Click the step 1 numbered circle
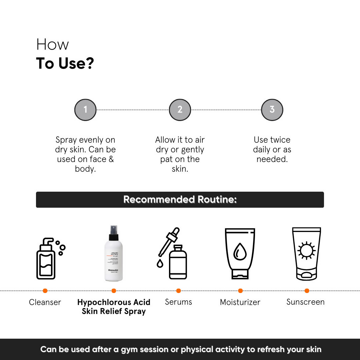85,110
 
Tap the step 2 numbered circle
180,110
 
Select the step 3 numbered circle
272,110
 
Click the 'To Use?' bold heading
65,63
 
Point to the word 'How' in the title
52,45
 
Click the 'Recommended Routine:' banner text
180,200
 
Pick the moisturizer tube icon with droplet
240,253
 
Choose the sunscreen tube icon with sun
306,253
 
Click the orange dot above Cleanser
45,291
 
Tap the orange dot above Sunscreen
307,291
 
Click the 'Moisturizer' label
240,302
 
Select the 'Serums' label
178,302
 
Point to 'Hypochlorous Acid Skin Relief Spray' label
114,307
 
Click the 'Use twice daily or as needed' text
272,149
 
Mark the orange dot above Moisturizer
240,291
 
